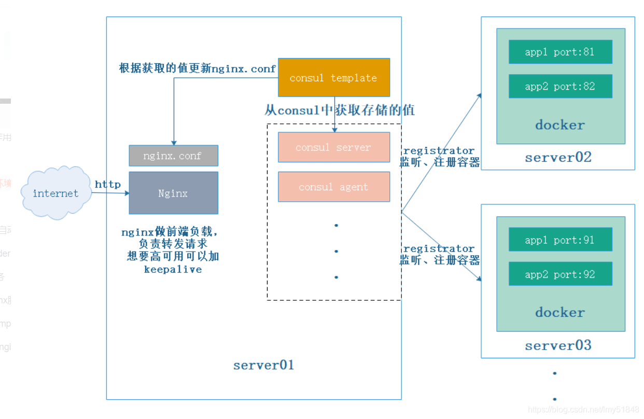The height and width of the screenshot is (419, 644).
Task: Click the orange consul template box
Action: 333,77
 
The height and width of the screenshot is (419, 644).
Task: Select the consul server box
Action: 333,147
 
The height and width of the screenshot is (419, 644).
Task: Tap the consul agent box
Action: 333,187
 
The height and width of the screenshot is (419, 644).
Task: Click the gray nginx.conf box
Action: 173,156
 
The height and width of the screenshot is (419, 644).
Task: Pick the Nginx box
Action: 173,193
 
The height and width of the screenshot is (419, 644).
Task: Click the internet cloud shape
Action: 55,193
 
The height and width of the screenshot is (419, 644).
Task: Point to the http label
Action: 107,184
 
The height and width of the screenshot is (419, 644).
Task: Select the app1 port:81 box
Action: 560,52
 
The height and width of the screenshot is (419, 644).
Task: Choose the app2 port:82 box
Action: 560,86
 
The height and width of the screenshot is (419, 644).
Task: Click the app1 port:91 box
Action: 560,240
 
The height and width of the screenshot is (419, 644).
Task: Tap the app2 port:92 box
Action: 560,274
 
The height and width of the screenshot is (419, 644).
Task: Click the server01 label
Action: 263,365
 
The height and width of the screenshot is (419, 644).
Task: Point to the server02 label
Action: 558,158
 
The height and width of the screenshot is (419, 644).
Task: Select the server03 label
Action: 558,345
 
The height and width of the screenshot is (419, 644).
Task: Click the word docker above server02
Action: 560,125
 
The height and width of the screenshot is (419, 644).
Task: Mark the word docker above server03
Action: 560,312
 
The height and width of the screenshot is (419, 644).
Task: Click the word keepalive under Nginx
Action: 173,270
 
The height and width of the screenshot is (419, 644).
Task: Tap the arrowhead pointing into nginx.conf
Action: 174,143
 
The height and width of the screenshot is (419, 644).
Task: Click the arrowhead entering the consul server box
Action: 334,130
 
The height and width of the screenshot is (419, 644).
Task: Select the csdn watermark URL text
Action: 583,410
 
